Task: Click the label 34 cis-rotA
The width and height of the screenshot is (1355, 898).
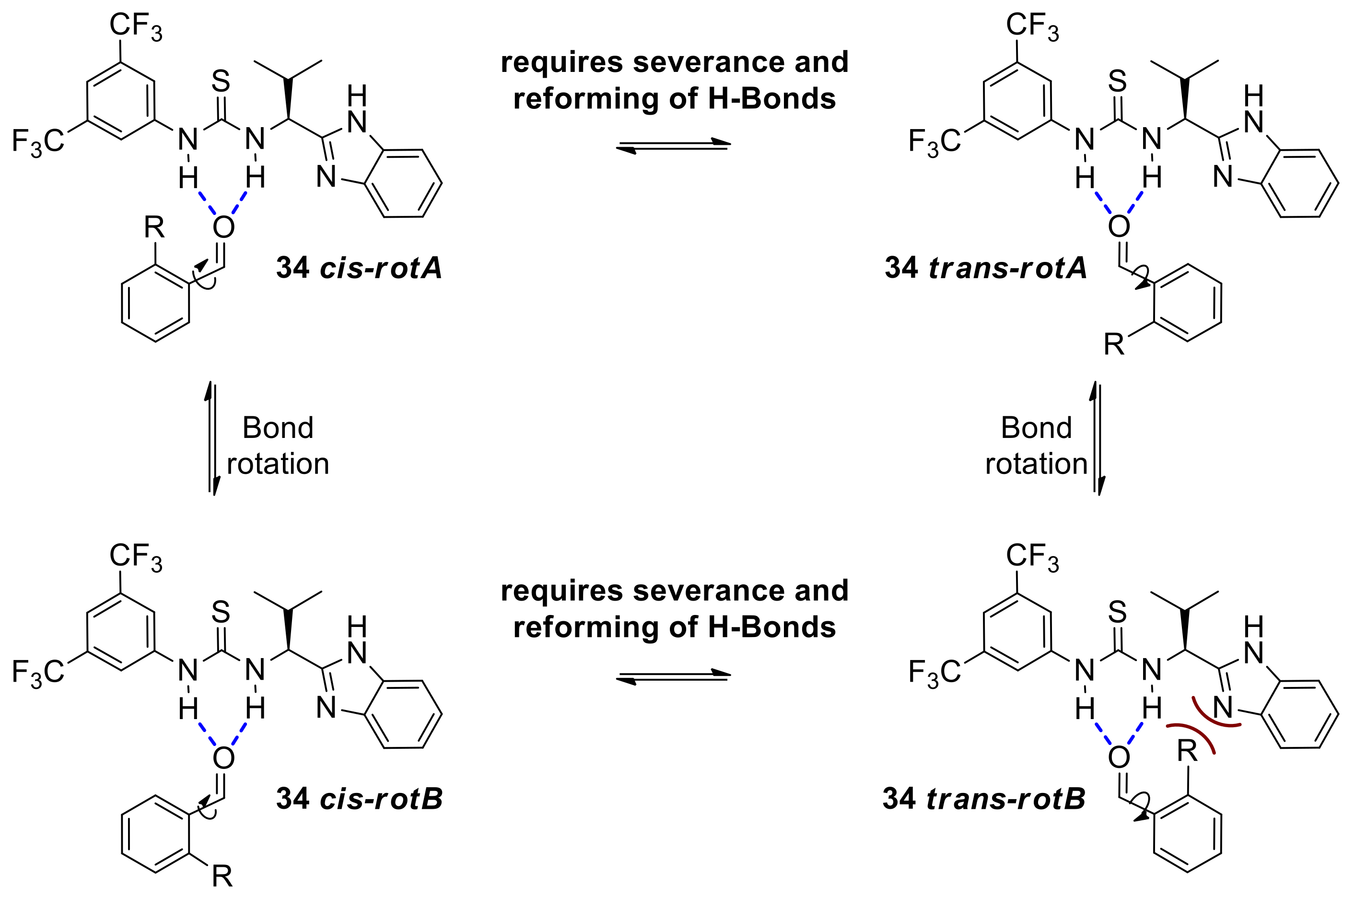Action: coord(359,268)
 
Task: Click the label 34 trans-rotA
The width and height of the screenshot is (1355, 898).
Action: coord(986,268)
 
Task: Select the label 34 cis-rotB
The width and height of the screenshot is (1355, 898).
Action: coord(359,798)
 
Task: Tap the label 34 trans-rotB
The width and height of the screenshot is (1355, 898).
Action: coord(984,798)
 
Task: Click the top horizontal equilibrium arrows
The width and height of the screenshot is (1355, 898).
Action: coord(673,145)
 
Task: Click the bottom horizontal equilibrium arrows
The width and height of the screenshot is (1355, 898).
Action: coord(673,676)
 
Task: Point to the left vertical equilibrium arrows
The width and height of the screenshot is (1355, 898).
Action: coord(212,438)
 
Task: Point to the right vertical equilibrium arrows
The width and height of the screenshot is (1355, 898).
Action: coord(1096,438)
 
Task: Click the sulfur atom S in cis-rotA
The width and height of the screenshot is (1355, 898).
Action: coord(221,82)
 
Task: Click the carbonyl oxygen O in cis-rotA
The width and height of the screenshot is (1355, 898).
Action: coord(223,227)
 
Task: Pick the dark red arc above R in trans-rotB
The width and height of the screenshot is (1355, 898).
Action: coord(1192,734)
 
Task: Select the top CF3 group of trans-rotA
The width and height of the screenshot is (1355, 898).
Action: coord(1032,26)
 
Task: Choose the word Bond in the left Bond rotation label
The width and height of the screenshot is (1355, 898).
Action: coord(278,428)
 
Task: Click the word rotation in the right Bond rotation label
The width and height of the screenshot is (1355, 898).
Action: coord(1036,463)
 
